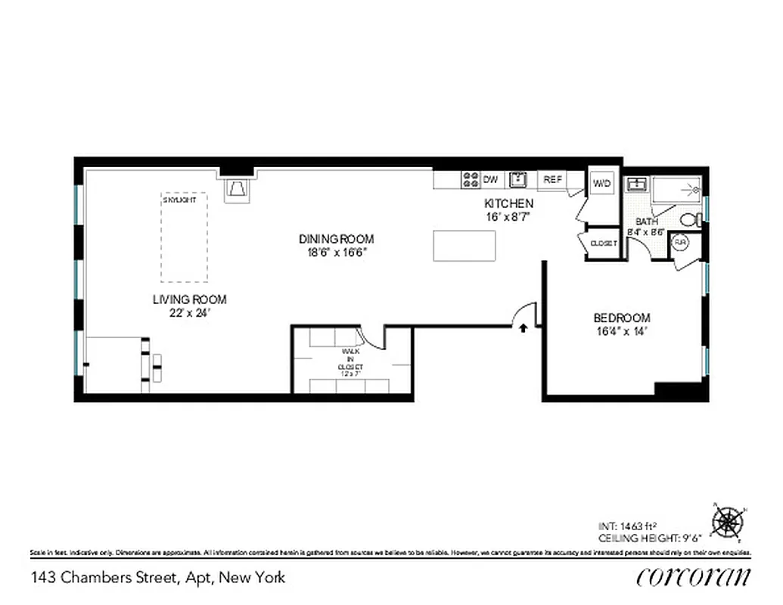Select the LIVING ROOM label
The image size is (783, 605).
click(x=189, y=299)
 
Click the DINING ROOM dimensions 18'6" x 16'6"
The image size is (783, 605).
click(x=336, y=253)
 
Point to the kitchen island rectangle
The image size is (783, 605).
click(x=465, y=246)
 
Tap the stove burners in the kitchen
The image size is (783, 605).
click(x=471, y=179)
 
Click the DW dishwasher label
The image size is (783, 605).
click(x=491, y=179)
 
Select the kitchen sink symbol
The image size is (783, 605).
click(x=518, y=179)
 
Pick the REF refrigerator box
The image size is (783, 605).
click(x=552, y=179)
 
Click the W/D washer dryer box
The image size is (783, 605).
click(x=602, y=183)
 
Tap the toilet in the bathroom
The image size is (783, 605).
click(x=691, y=220)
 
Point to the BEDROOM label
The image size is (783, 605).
click(x=621, y=318)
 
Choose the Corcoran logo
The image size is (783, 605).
click(x=694, y=576)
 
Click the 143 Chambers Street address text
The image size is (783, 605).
click(x=158, y=578)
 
